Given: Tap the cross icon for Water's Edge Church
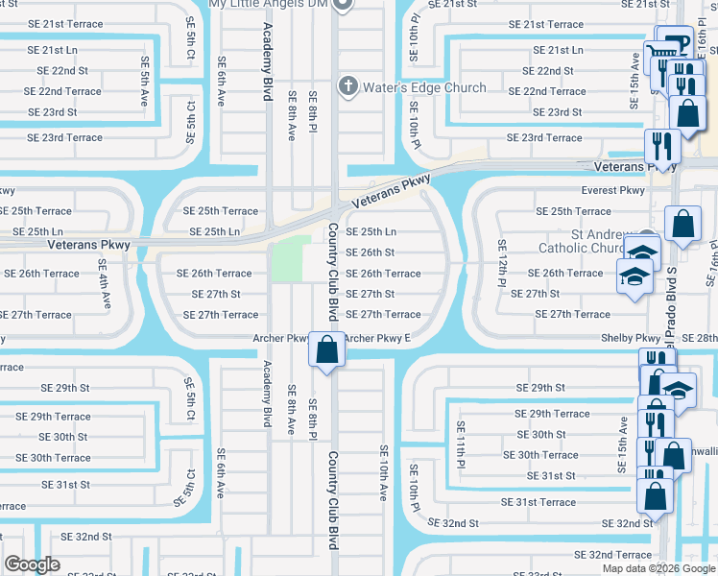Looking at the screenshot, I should [348, 87].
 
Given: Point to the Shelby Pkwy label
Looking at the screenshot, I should [631, 338].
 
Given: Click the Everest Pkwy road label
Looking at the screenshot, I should [612, 190].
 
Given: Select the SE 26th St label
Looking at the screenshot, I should [370, 252].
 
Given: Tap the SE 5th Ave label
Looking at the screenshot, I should [144, 72].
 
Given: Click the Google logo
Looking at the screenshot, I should [32, 564].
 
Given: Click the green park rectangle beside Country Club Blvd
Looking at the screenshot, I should [292, 258].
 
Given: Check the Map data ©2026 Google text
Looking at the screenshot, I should [658, 568].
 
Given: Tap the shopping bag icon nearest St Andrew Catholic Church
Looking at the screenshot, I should [682, 226].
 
